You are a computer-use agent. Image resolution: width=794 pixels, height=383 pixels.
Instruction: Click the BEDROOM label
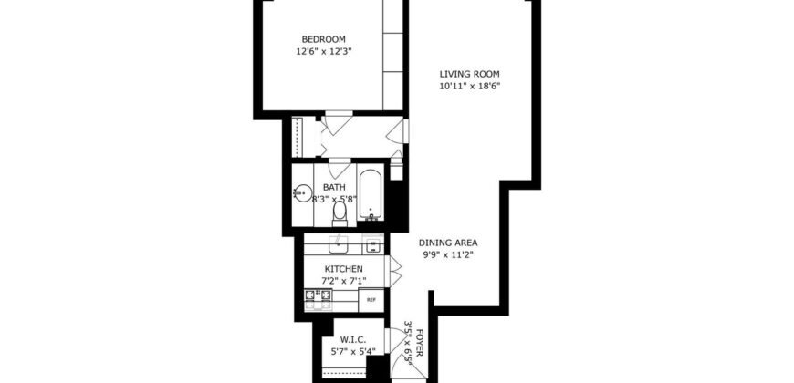click(323, 38)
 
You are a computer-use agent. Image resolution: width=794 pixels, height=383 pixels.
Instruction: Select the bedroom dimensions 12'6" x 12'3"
click(323, 52)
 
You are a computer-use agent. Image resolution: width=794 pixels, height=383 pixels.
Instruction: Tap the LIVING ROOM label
click(469, 74)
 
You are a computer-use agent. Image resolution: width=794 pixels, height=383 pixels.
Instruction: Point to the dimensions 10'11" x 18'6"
click(469, 87)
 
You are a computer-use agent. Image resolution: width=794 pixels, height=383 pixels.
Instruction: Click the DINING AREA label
click(448, 243)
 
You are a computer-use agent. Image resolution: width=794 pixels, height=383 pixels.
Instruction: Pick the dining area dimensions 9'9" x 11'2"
click(448, 255)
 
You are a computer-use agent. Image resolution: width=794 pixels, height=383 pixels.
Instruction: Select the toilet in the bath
click(340, 212)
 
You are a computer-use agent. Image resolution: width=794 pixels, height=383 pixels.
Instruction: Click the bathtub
click(370, 193)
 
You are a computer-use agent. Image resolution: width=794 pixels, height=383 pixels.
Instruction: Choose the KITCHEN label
click(344, 269)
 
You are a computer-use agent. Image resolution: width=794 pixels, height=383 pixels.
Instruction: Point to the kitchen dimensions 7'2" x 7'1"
click(344, 281)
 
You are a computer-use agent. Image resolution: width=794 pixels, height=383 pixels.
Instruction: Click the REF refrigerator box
click(371, 299)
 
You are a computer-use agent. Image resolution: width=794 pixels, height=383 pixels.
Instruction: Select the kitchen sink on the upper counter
click(338, 243)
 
